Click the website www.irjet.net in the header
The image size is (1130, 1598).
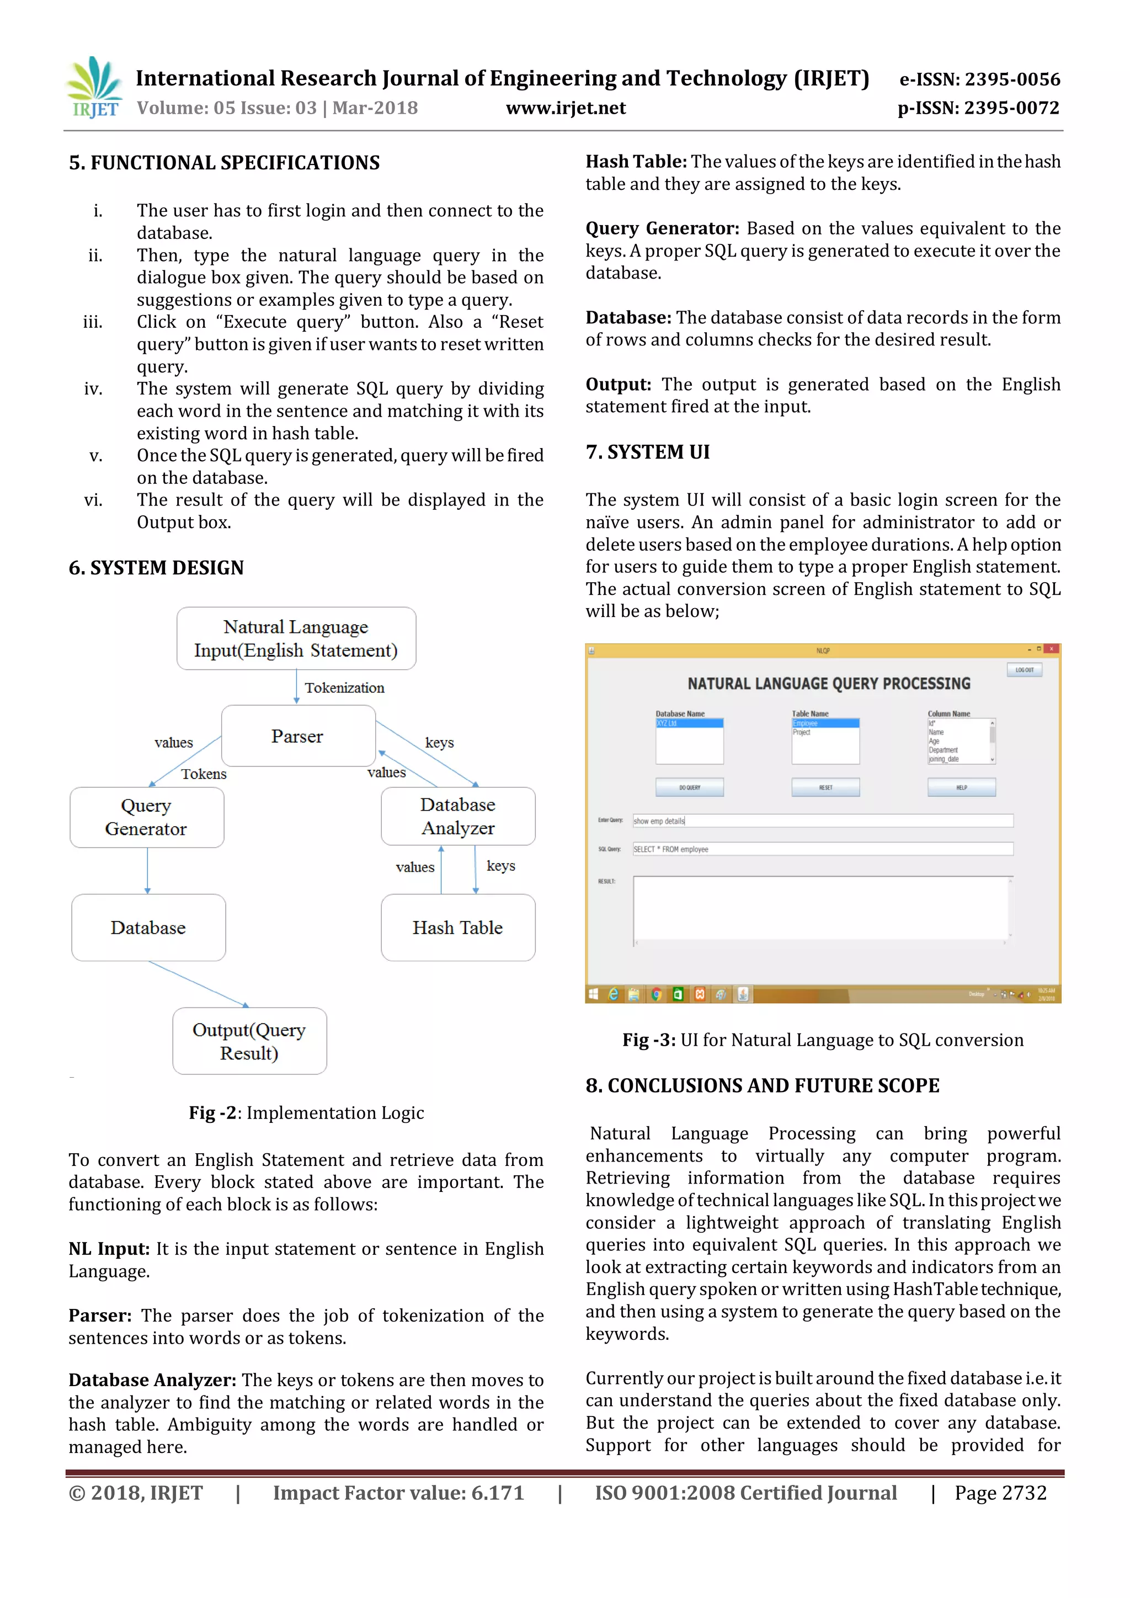pyautogui.click(x=565, y=108)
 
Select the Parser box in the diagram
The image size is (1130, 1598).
pyautogui.click(x=298, y=736)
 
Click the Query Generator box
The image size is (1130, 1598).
pyautogui.click(x=147, y=817)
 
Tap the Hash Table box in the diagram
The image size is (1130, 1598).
pyautogui.click(x=458, y=928)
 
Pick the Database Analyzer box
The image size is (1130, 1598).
pyautogui.click(x=458, y=817)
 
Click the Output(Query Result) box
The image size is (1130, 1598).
pyautogui.click(x=249, y=1041)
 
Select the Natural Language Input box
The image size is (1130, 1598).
pyautogui.click(x=296, y=638)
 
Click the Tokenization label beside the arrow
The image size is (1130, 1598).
pyautogui.click(x=344, y=688)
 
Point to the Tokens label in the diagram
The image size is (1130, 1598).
pyautogui.click(x=204, y=774)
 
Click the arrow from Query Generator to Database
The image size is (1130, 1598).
pyautogui.click(x=147, y=871)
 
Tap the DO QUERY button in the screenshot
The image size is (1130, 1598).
pyautogui.click(x=690, y=787)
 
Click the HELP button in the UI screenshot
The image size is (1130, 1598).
pyautogui.click(x=961, y=787)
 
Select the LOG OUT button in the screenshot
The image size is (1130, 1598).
pyautogui.click(x=1024, y=669)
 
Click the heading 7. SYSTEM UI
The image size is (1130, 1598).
pyautogui.click(x=647, y=452)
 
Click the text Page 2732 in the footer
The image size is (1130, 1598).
pyautogui.click(x=1000, y=1493)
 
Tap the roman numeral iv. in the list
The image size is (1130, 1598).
pyautogui.click(x=93, y=389)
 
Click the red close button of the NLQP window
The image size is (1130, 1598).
pyautogui.click(x=1052, y=649)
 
